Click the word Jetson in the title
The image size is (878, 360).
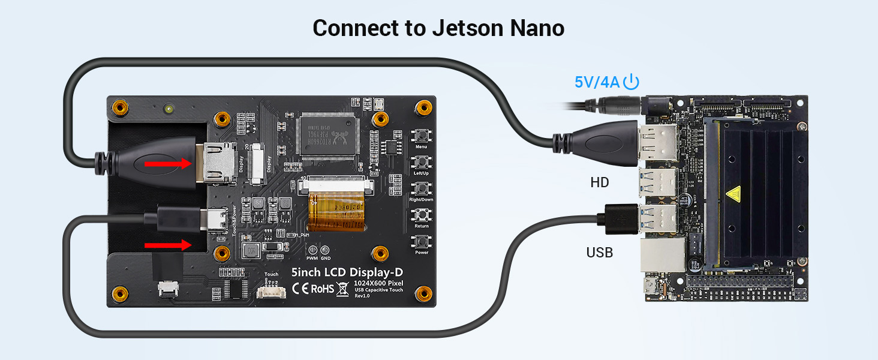[464, 28]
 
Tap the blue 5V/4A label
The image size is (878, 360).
[597, 82]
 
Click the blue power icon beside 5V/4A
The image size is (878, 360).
[632, 82]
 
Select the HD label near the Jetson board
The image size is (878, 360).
[600, 182]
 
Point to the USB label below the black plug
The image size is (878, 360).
[600, 253]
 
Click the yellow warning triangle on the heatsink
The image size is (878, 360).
[733, 194]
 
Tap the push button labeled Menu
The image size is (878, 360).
[421, 135]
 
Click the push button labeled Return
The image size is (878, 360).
[421, 215]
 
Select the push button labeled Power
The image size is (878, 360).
[421, 241]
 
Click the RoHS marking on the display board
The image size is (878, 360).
[321, 289]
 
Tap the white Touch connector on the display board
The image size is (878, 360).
[270, 291]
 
